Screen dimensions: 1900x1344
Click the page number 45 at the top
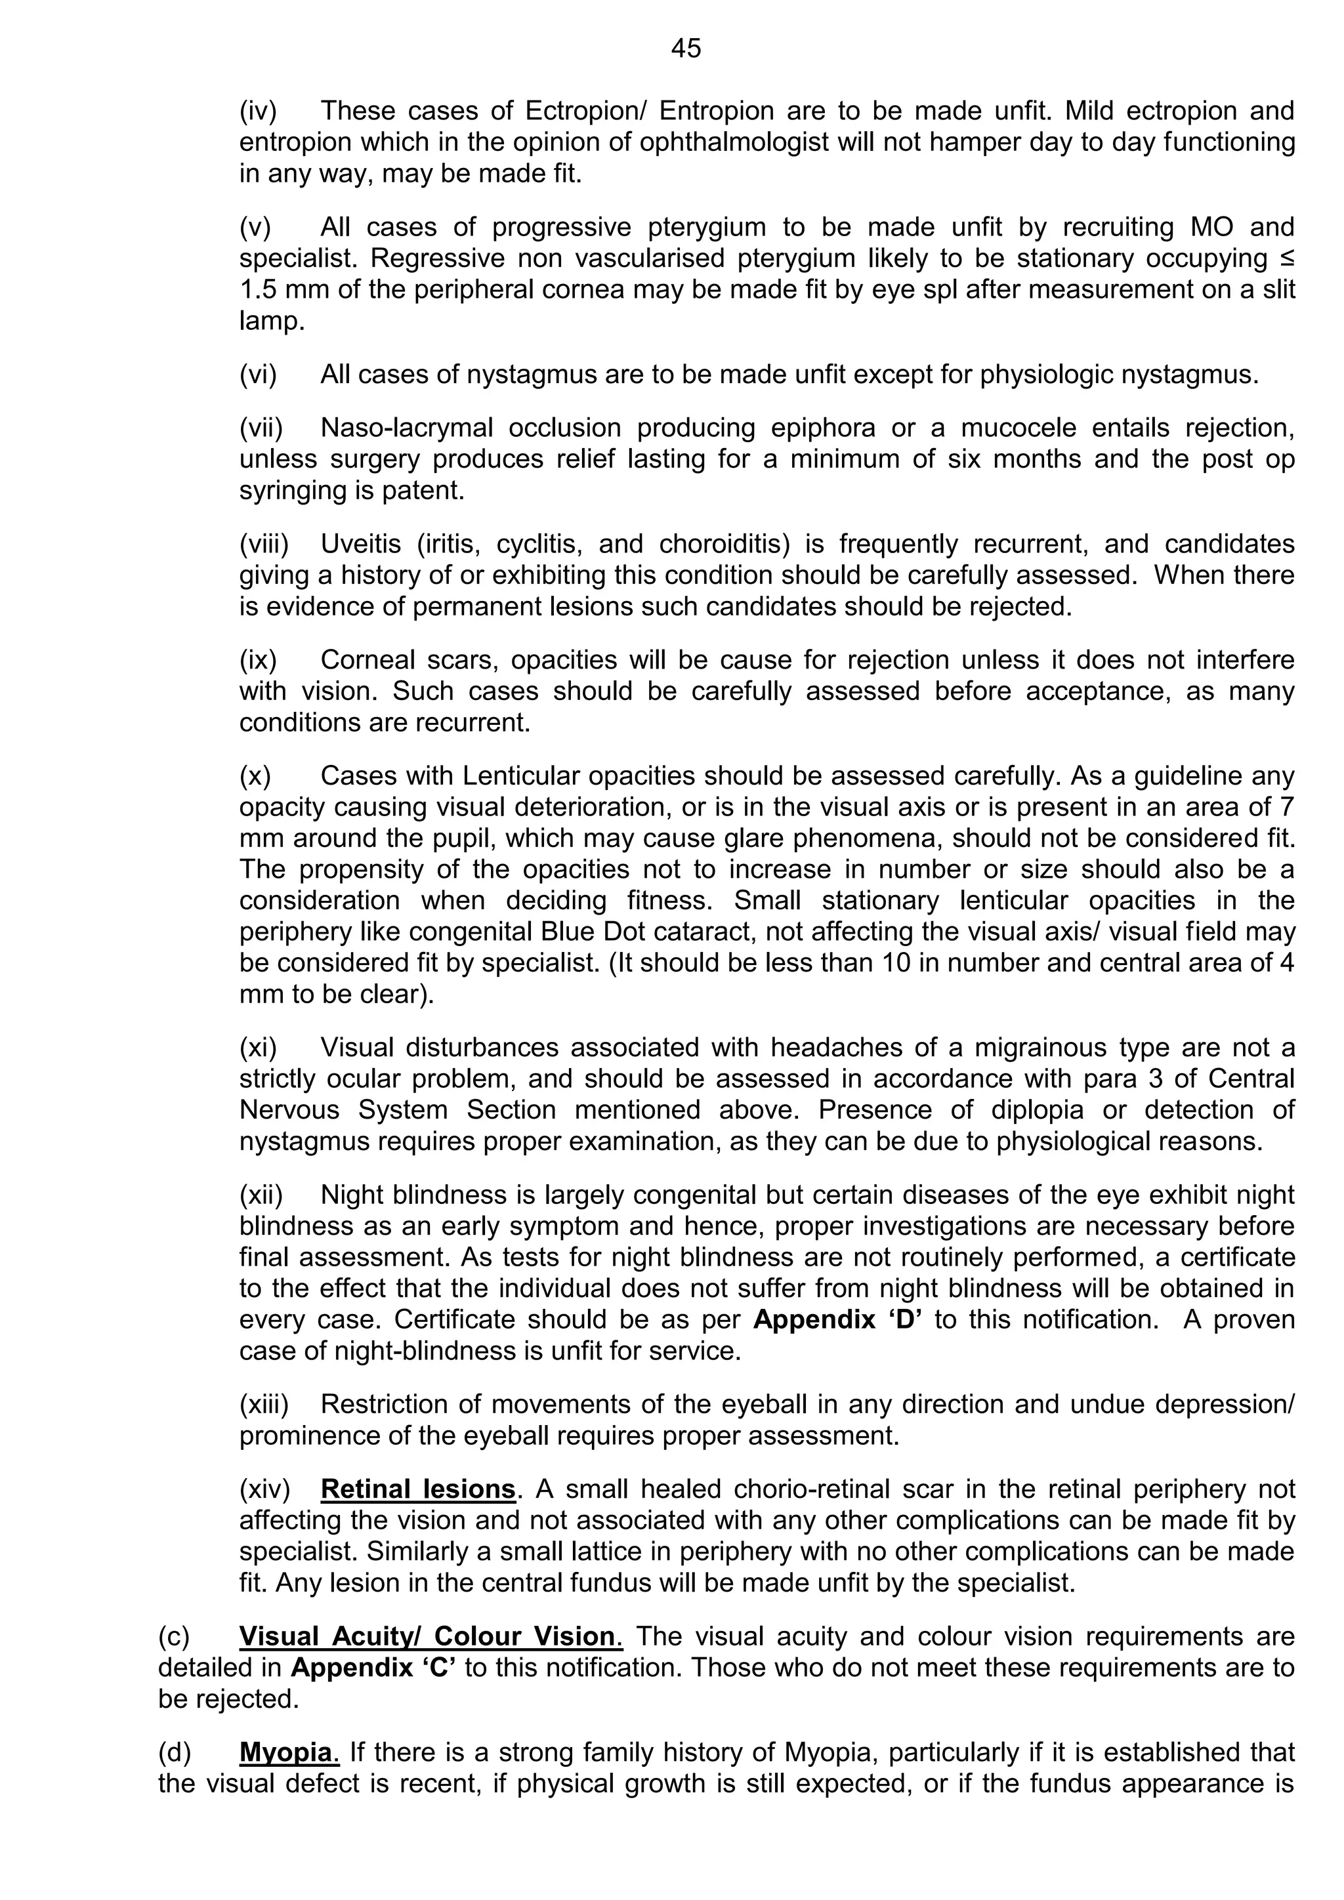click(686, 49)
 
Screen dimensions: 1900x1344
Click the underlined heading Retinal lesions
click(418, 1489)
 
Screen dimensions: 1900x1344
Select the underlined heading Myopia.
click(289, 1752)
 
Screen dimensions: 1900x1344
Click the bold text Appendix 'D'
click(837, 1319)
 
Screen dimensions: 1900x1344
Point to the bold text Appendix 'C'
click(374, 1668)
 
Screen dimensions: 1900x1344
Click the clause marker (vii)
click(262, 428)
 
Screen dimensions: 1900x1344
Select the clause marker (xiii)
click(264, 1404)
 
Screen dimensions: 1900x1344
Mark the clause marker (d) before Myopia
click(175, 1752)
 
